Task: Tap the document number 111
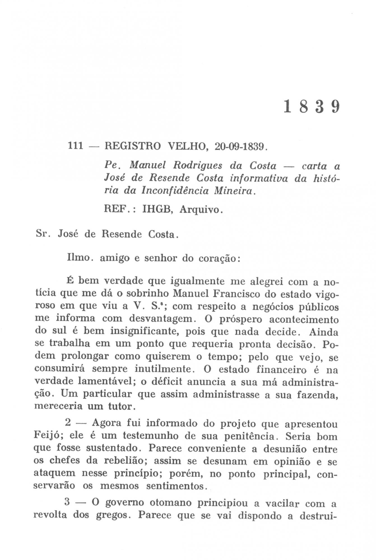click(x=76, y=146)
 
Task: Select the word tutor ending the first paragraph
click(x=120, y=407)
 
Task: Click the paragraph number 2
click(x=68, y=423)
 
